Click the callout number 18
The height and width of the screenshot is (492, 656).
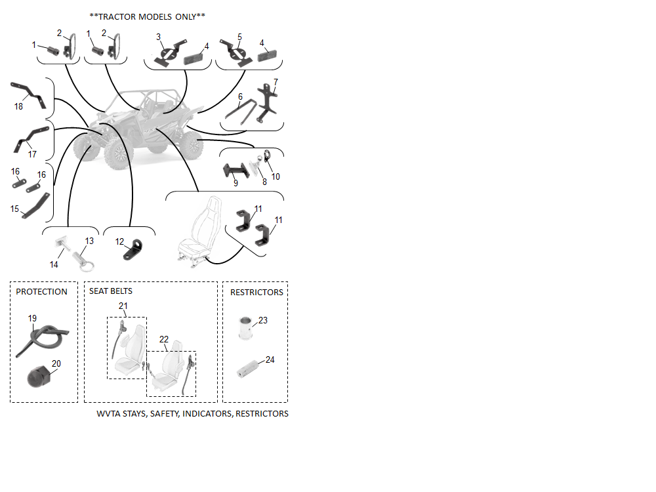click(18, 106)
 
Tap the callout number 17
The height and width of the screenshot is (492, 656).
click(32, 154)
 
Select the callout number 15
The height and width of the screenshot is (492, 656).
click(14, 209)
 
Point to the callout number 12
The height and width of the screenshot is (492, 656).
click(119, 241)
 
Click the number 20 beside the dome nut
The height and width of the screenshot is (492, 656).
click(56, 363)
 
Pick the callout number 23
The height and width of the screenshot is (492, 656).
click(263, 321)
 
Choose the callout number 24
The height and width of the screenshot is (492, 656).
click(270, 359)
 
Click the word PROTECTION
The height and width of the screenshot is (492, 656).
click(41, 292)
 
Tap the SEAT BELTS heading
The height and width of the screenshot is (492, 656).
click(111, 291)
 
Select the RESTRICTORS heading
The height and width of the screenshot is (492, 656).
click(256, 292)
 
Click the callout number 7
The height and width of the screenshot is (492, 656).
click(276, 82)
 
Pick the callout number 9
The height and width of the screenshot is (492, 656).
click(236, 183)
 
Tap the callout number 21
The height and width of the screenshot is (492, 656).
click(123, 306)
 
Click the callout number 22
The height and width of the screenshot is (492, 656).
click(164, 339)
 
